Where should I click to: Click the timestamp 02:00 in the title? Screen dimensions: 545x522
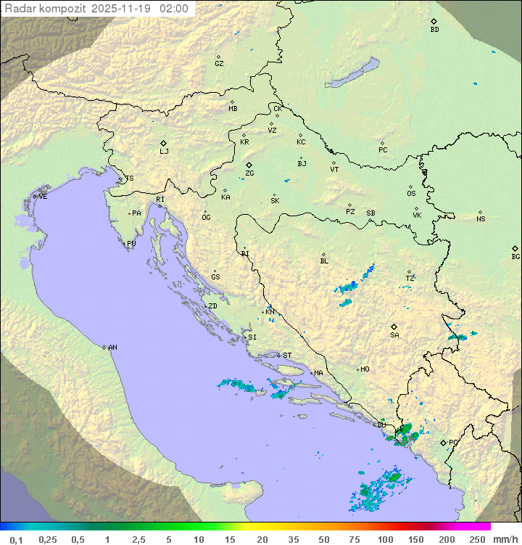pos(173,9)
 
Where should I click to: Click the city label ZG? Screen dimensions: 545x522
pos(249,173)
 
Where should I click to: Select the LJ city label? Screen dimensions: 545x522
pos(164,152)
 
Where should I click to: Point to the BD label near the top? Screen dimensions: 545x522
pos(434,30)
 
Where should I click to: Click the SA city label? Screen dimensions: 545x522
pos(394,335)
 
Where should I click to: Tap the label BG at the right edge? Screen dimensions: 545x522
pos(515,256)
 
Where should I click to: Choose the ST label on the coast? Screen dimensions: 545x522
pos(287,356)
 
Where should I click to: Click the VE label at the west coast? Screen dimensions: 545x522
pos(43,197)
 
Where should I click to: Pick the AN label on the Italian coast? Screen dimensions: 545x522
pos(112,348)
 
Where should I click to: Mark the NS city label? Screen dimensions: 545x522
pos(481,219)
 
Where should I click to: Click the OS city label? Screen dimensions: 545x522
pos(411,194)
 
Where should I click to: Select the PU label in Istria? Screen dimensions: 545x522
pos(131,244)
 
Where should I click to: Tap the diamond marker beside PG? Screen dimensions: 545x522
pos(443,442)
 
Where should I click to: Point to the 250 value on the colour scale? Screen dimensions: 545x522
pos(476,539)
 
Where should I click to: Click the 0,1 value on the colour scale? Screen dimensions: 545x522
pos(16,539)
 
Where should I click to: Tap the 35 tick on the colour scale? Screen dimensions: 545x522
pos(293,539)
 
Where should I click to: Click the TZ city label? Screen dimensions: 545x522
pos(410,278)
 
